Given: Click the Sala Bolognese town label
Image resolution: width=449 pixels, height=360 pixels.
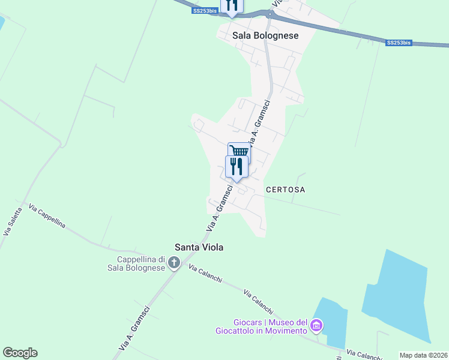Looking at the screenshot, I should coord(265,36).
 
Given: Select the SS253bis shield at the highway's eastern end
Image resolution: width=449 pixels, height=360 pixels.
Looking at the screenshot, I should coord(399,43).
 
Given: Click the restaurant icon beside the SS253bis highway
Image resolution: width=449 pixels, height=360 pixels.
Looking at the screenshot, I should coord(232,5).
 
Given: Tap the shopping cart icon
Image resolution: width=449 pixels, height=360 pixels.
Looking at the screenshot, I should coord(239,151).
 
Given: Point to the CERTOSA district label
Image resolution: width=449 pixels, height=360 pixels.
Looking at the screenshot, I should coord(286,190).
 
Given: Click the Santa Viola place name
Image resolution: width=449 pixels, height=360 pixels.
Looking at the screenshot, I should coord(194,247).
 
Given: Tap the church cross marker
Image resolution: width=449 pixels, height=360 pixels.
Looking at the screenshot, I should coord(174,262).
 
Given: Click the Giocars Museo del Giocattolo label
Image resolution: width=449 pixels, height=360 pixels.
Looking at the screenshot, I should coord(262,326).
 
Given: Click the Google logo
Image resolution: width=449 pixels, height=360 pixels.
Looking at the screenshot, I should coord(20,353).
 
